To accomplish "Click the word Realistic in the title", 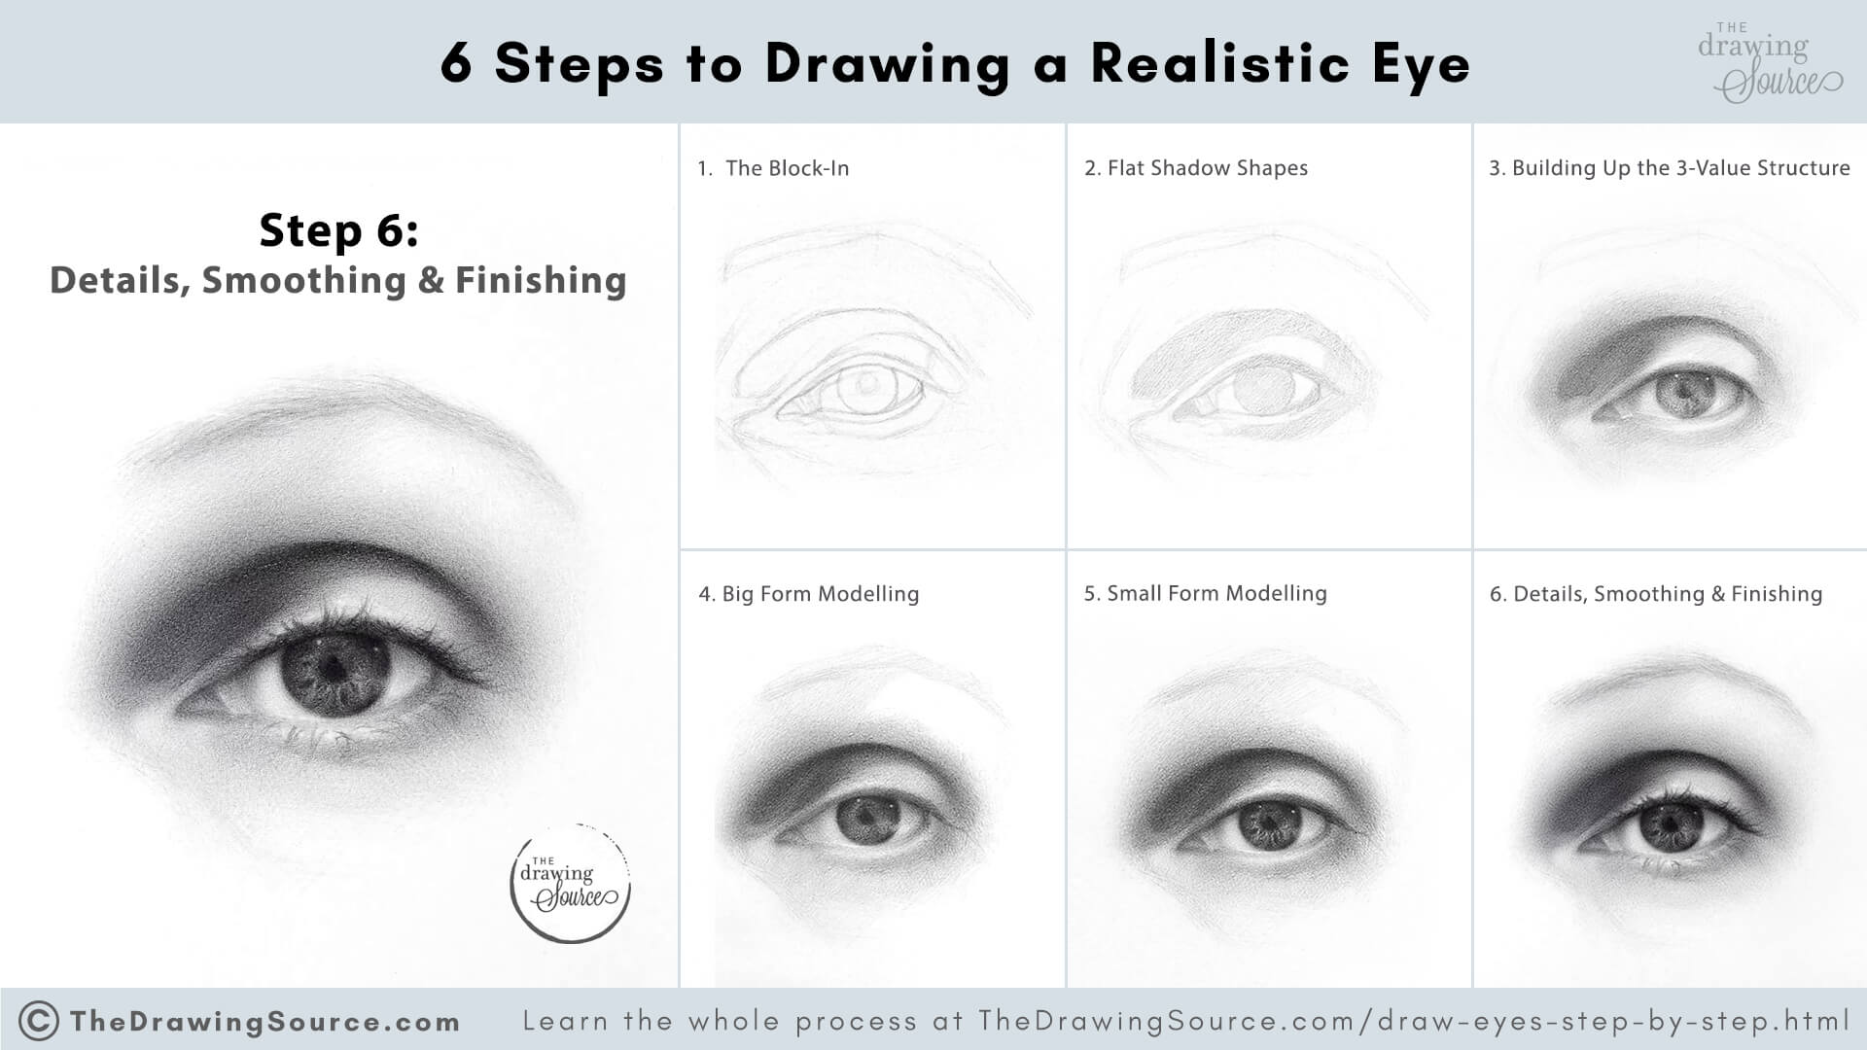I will tap(1219, 64).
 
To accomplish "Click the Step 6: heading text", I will tap(337, 231).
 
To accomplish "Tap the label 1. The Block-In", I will tap(774, 168).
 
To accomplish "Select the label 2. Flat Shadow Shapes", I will tap(1196, 168).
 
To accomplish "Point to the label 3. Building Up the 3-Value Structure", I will tap(1669, 168).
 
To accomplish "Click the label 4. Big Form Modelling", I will tap(808, 594).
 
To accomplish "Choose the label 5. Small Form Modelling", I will tap(1205, 593).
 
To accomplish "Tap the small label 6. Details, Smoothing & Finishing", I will tap(1655, 594).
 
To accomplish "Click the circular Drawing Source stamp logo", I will tap(570, 883).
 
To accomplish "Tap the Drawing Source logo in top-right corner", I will tap(1767, 63).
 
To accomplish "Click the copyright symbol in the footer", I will tap(38, 1021).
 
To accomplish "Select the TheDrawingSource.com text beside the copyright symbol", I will tap(264, 1022).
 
